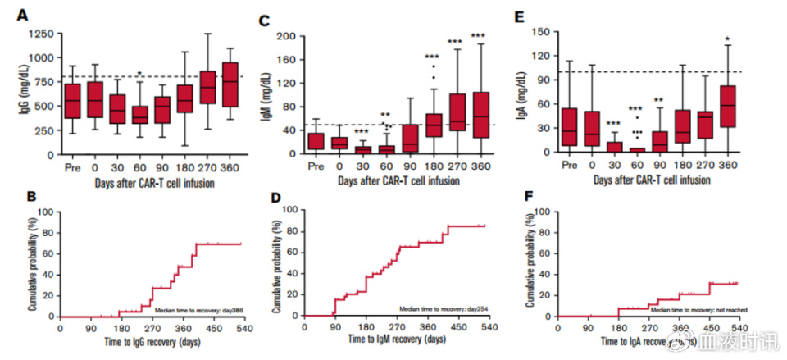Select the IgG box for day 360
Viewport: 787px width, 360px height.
230,84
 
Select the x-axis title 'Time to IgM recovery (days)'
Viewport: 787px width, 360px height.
397,337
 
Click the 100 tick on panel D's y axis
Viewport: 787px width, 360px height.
288,211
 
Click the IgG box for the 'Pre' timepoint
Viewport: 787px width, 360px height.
74,101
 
